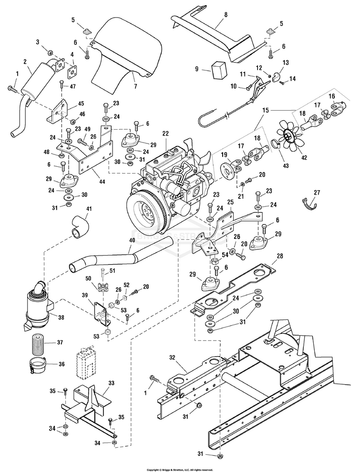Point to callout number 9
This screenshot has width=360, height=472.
[196, 69]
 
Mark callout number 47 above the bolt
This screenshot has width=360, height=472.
[73, 86]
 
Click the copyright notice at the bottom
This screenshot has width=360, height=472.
[180, 469]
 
